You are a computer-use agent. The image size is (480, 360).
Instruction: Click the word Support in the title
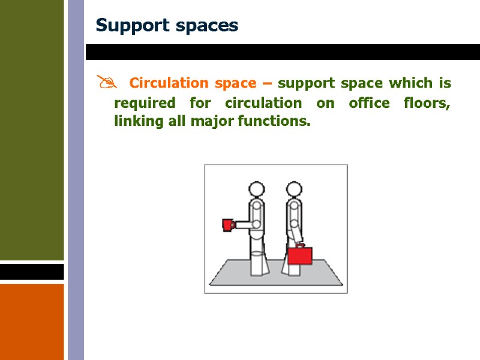pos(125,26)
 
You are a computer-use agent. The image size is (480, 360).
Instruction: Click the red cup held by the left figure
pos(228,224)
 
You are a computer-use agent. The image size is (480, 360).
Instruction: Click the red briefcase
pos(300,256)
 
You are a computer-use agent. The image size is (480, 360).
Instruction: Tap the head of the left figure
pos(256,190)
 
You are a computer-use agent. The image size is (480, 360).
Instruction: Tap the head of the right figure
pos(293,190)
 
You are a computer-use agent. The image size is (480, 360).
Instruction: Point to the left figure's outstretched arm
pos(244,224)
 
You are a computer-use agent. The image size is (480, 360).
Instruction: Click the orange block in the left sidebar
pos(32,321)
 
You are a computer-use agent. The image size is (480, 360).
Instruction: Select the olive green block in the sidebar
pos(32,129)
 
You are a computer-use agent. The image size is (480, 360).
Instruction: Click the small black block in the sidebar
pos(32,272)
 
